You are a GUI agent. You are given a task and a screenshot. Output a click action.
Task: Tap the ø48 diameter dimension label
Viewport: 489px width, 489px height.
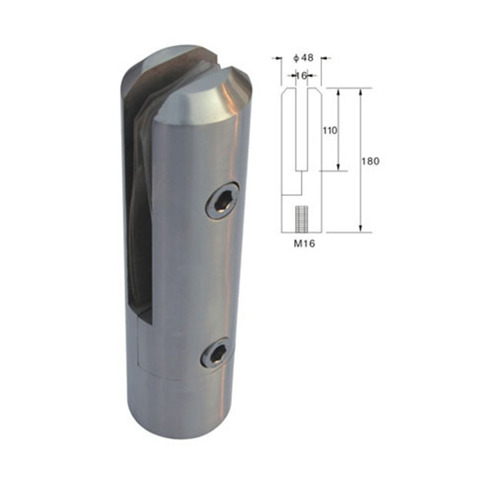(303, 58)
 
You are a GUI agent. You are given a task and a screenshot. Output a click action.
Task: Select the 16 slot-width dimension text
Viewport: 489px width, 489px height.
(301, 75)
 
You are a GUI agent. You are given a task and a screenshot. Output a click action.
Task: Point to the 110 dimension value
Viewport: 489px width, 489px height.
(330, 130)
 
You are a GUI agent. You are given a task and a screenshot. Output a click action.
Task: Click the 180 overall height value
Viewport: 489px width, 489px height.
(370, 161)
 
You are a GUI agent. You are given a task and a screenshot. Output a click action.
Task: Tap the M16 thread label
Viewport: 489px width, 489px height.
(305, 244)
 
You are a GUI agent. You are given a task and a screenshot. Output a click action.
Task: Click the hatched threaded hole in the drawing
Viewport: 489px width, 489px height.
(301, 219)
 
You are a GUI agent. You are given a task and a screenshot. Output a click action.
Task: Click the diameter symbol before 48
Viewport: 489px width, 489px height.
(296, 58)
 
